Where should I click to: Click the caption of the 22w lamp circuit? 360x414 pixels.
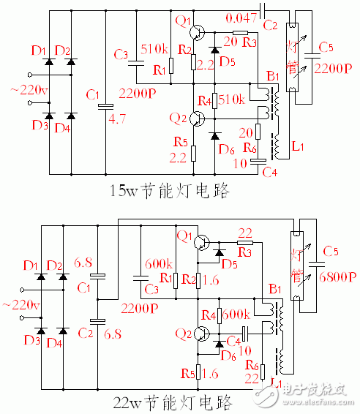170,402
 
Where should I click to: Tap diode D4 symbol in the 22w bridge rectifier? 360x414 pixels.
62,331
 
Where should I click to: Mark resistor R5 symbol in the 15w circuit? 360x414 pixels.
194,153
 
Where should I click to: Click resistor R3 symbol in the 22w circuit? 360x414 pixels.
245,242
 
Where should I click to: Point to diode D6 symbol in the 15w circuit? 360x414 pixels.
216,136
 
